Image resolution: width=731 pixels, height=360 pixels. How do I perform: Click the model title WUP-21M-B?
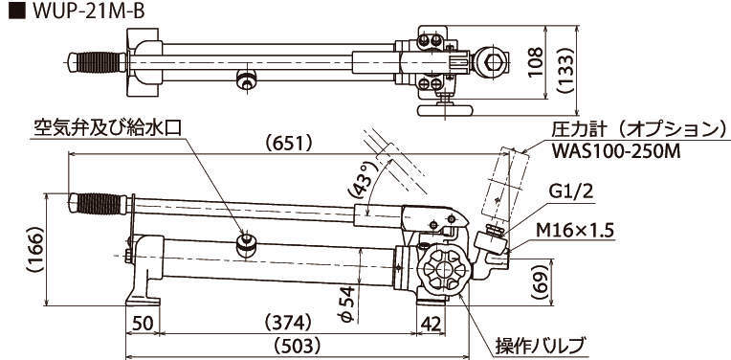click(x=88, y=11)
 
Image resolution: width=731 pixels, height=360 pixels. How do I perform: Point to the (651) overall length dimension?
click(x=288, y=144)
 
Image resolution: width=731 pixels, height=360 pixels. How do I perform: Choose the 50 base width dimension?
click(x=143, y=323)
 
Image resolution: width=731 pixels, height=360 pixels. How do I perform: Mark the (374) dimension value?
click(x=288, y=323)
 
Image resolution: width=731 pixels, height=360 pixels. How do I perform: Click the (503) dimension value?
click(x=298, y=346)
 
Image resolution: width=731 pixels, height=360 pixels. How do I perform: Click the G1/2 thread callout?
click(x=569, y=191)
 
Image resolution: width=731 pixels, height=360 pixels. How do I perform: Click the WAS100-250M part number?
click(x=615, y=151)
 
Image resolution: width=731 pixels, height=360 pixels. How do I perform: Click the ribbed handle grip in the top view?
click(x=99, y=62)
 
